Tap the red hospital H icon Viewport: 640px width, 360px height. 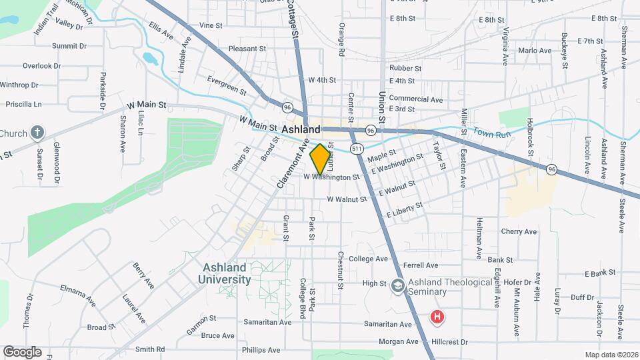click(437, 317)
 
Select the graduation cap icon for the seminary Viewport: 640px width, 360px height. click(399, 284)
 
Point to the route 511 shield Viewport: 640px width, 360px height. click(358, 148)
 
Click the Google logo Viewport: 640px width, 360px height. click(22, 351)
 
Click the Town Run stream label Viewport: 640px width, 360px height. click(491, 133)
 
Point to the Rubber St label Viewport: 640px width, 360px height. click(405, 68)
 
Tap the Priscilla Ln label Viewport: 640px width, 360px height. click(23, 104)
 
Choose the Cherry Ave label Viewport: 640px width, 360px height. click(519, 231)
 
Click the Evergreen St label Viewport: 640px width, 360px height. click(227, 85)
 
